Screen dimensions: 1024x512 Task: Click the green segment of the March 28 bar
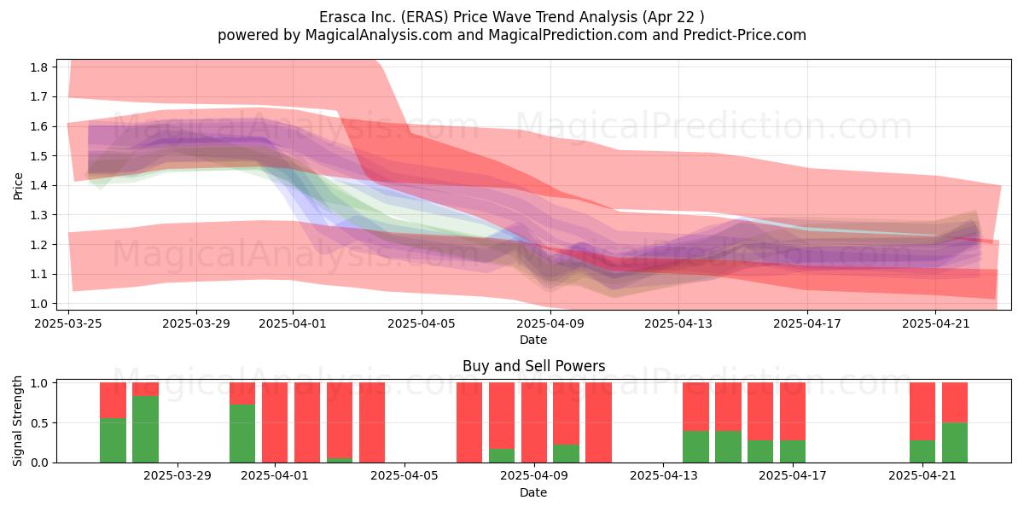click(145, 428)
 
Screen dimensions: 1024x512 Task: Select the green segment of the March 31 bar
click(242, 433)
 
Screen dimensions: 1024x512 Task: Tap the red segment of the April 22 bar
click(955, 402)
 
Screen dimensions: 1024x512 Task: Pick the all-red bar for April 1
click(275, 422)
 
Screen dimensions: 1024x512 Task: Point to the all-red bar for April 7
click(469, 422)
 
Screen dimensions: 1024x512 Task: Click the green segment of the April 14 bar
click(695, 446)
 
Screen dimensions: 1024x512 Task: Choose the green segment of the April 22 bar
click(955, 443)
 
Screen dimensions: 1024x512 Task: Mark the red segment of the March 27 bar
click(113, 400)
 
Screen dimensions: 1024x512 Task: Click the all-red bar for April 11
click(598, 422)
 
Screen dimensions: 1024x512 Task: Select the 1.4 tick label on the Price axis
click(39, 186)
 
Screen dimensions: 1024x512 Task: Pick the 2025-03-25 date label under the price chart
click(68, 323)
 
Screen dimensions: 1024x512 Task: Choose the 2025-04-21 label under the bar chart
click(922, 476)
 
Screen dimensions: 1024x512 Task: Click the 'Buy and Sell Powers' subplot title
click(533, 366)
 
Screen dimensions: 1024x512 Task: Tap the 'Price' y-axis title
click(18, 186)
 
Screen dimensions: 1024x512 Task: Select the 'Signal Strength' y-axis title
click(17, 421)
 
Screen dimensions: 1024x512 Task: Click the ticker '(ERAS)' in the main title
click(425, 17)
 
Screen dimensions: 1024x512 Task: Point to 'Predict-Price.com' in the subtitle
click(745, 35)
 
